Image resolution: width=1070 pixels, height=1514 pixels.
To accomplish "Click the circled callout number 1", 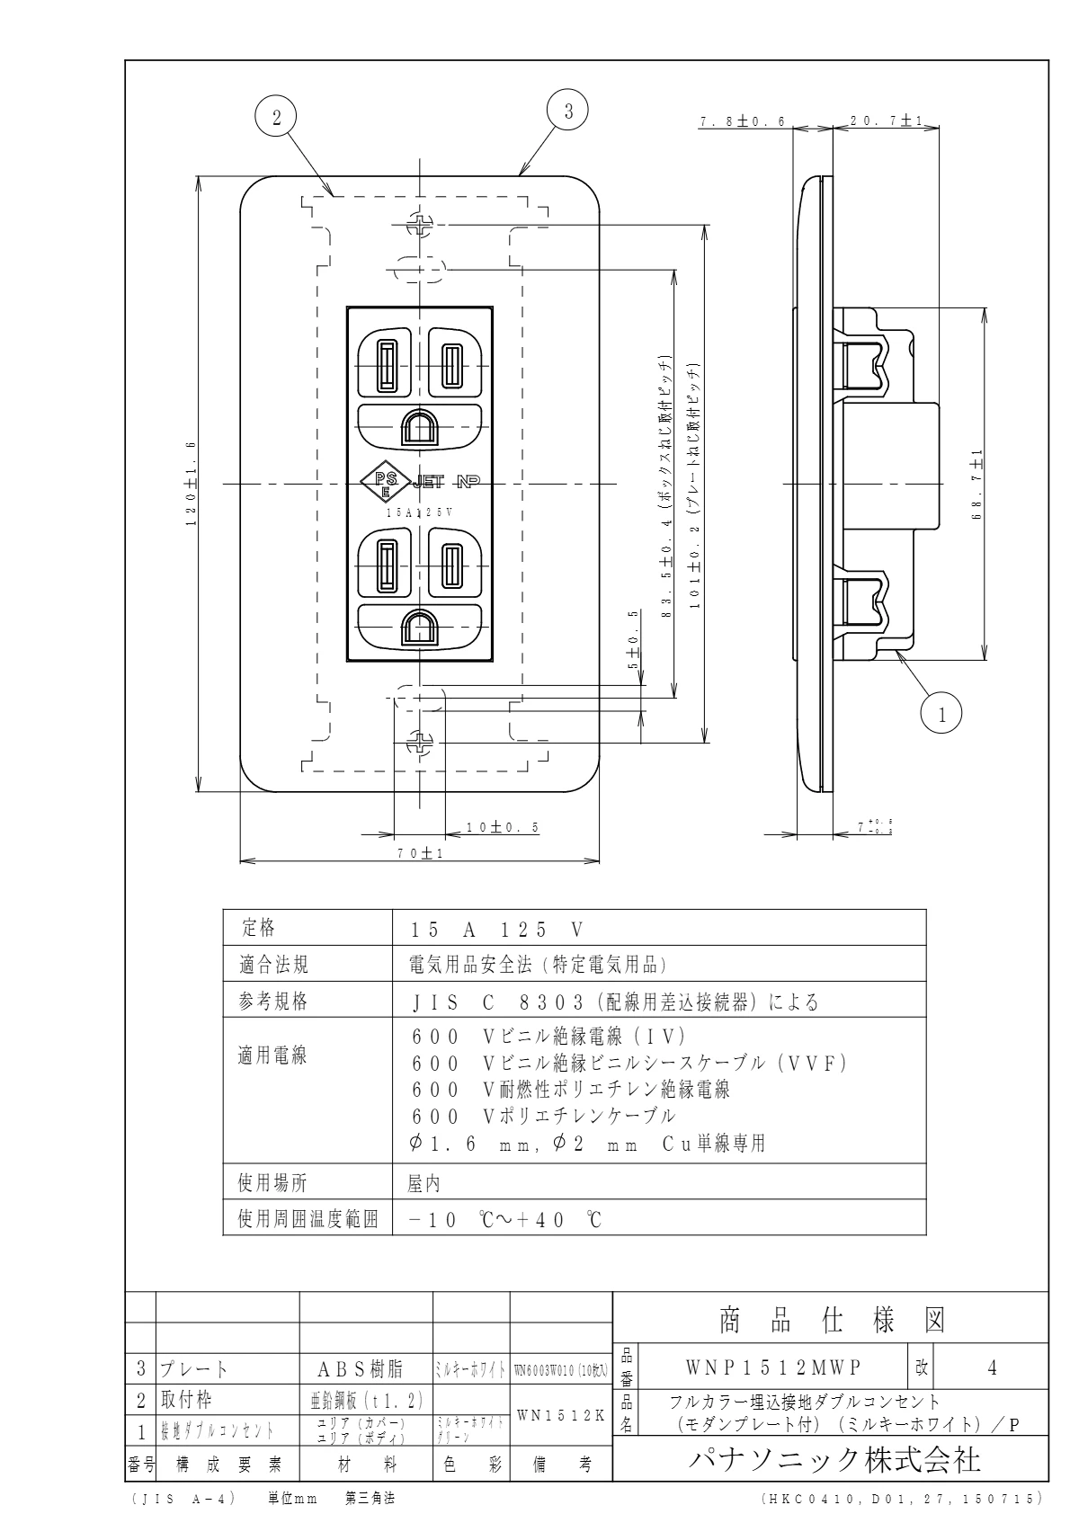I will (941, 715).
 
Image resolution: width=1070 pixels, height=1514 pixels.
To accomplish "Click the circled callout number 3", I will (567, 111).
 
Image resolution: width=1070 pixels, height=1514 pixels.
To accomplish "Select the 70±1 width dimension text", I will (420, 854).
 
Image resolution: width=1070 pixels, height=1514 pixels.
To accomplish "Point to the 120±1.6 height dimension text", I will (190, 485).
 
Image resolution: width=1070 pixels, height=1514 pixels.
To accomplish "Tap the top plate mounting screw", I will (420, 225).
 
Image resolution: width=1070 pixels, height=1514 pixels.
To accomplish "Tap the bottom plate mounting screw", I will (420, 744).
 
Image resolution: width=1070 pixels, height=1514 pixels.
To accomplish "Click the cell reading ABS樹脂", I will (364, 1369).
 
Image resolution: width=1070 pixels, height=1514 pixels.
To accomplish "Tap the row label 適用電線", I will (272, 1055).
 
